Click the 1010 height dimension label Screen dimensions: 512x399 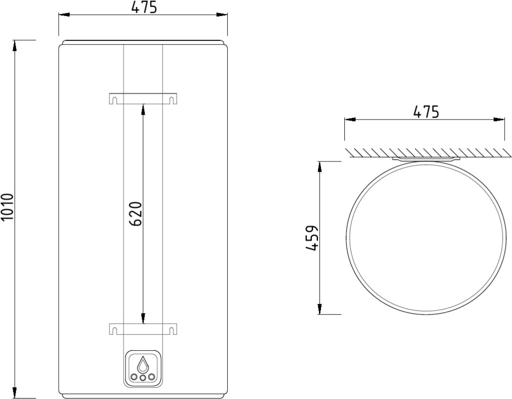pos(7,207)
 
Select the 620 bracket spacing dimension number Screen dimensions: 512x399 pos(136,214)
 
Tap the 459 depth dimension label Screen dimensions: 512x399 pos(312,238)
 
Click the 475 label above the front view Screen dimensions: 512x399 pos(144,7)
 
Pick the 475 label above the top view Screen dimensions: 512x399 pos(426,112)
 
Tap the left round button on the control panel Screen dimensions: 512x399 pos(134,377)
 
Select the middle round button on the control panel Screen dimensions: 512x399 pos(143,378)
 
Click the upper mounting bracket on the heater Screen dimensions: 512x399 pos(143,99)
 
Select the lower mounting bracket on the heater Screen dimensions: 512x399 pos(143,329)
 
